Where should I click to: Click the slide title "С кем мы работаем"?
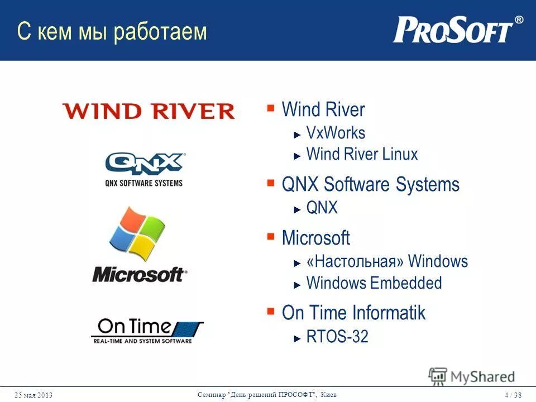click(112, 32)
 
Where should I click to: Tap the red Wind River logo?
click(149, 111)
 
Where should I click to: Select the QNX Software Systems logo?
click(144, 169)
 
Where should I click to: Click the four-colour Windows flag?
click(137, 234)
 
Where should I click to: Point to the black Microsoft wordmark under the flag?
click(139, 275)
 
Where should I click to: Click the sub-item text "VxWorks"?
click(336, 133)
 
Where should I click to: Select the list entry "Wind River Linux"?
click(362, 154)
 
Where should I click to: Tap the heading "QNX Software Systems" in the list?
click(370, 184)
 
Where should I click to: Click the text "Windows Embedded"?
click(374, 283)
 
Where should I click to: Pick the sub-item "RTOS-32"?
click(337, 337)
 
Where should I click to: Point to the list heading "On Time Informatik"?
click(353, 313)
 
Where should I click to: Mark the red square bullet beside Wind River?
click(271, 107)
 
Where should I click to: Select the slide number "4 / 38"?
click(513, 395)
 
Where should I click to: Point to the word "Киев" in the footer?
click(329, 395)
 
